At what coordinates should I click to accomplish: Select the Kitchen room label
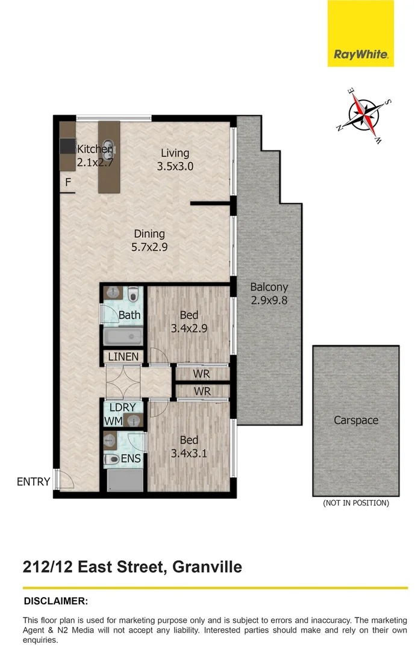(x=94, y=149)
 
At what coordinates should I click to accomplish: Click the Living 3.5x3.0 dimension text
(x=175, y=167)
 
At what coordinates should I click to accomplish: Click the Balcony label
(x=269, y=288)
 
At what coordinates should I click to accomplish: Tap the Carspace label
(x=356, y=420)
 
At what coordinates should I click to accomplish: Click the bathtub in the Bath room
(x=123, y=336)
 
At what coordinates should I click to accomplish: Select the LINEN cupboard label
(x=123, y=357)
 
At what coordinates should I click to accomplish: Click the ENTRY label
(x=33, y=481)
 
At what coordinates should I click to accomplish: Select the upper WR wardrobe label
(x=201, y=374)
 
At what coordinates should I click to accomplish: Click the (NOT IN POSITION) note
(x=356, y=503)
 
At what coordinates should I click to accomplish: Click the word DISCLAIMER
(x=55, y=601)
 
